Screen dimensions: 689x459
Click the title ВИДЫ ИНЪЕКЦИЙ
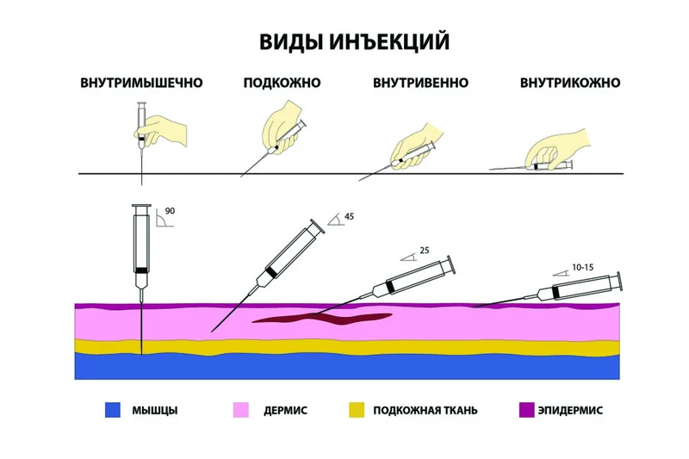(x=354, y=41)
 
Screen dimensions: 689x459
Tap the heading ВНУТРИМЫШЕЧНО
(x=141, y=83)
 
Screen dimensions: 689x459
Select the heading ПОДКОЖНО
(x=282, y=83)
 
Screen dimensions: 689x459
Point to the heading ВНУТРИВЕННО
(x=420, y=83)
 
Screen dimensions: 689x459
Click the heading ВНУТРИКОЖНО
(x=570, y=83)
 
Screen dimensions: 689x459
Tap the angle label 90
(x=170, y=211)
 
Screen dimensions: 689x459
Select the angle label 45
(x=349, y=216)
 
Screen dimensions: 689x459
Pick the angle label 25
(x=424, y=251)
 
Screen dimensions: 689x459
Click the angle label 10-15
(x=583, y=267)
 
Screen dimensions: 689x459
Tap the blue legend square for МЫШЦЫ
(x=113, y=410)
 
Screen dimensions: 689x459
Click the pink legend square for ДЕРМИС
(x=241, y=410)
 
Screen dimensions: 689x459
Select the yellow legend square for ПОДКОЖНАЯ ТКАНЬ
(x=357, y=410)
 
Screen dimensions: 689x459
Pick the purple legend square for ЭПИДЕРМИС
(x=526, y=410)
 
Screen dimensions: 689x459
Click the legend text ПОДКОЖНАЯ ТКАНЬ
(x=425, y=410)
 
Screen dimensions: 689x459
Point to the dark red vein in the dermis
(x=321, y=318)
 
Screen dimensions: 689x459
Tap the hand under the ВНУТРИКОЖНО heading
(x=556, y=148)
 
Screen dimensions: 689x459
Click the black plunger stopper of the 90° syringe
(x=141, y=270)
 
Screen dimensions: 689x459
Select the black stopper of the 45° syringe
(x=271, y=271)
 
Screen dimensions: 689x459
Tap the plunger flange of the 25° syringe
(x=451, y=265)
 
